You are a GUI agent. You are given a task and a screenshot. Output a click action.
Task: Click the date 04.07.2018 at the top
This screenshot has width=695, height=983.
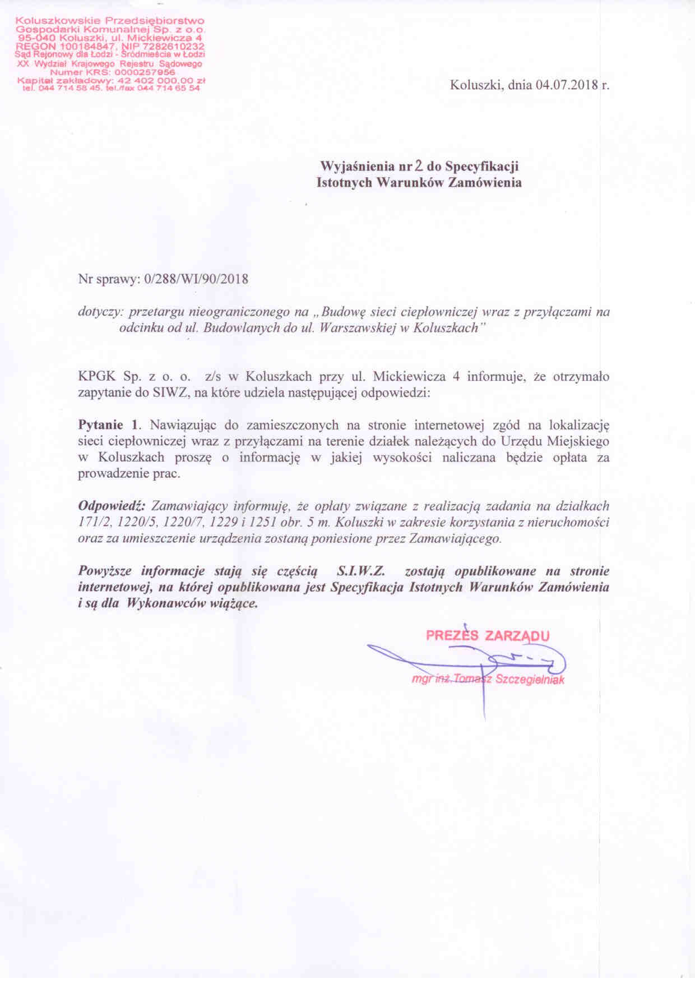566,86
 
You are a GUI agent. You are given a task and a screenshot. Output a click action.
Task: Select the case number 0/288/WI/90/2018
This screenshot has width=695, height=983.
196,279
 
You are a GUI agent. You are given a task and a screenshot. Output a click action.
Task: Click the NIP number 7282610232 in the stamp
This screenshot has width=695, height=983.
174,46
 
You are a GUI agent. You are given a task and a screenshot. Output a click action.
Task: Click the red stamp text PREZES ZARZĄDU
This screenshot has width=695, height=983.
488,636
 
